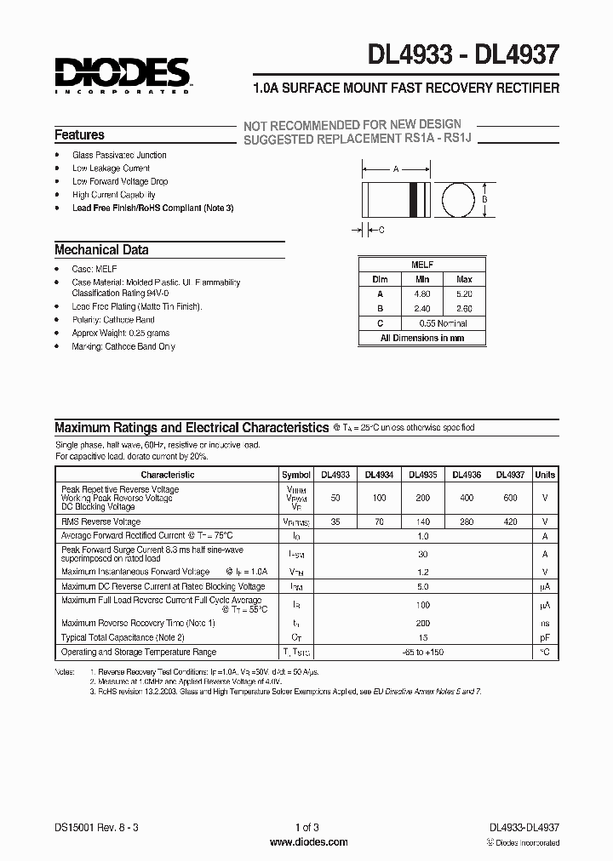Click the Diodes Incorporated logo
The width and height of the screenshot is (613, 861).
tap(122, 74)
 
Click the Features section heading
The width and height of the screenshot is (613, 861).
tap(79, 134)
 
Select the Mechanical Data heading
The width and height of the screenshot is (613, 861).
tap(101, 250)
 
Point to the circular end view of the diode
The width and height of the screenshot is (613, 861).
tap(459, 200)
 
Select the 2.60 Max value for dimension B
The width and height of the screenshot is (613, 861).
tap(464, 309)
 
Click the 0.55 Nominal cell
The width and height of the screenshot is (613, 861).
tap(444, 323)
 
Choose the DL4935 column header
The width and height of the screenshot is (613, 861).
tap(422, 475)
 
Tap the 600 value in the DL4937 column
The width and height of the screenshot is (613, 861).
tap(510, 497)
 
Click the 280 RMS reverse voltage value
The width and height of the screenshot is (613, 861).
tap(466, 522)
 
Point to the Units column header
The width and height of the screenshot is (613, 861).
tap(545, 475)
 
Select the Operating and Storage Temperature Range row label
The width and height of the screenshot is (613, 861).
tap(139, 652)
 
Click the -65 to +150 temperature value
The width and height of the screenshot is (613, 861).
tap(423, 652)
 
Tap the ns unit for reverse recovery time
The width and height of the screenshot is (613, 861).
tap(545, 623)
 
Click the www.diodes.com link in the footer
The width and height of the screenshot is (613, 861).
tap(308, 842)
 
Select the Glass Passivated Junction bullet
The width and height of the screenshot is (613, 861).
tap(119, 155)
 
